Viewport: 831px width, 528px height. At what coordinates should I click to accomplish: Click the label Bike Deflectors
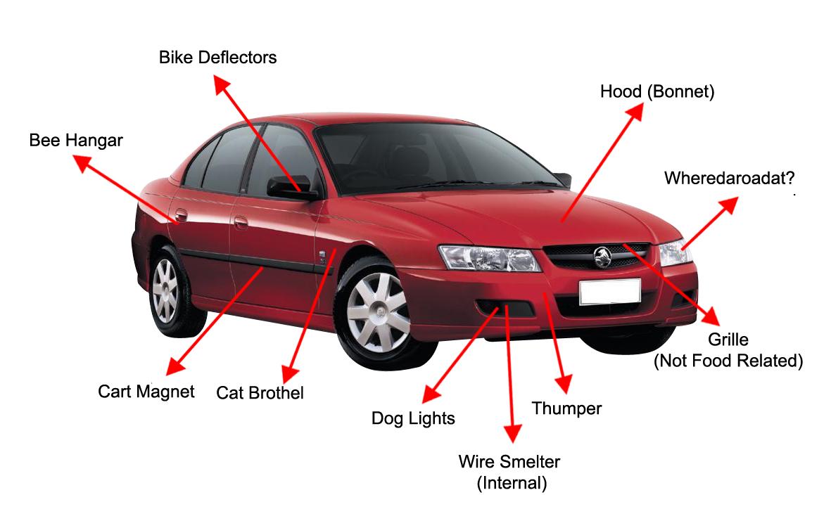pos(217,58)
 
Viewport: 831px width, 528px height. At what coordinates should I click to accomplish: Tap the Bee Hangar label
pos(76,141)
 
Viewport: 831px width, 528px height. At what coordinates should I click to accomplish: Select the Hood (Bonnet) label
pos(656,92)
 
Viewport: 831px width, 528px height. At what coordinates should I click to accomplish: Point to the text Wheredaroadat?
pos(725,178)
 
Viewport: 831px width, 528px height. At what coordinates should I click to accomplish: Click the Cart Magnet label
pos(146,392)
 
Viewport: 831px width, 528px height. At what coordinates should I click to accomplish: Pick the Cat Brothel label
pos(260,392)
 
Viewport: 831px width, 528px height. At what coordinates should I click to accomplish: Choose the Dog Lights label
pos(413,419)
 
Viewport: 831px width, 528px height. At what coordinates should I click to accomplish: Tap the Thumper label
pos(566,408)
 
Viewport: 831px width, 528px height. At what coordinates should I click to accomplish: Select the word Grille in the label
pos(728,340)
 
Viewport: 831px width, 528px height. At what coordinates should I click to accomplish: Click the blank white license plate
pos(609,292)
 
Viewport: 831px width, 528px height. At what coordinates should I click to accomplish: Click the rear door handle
pos(182,214)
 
